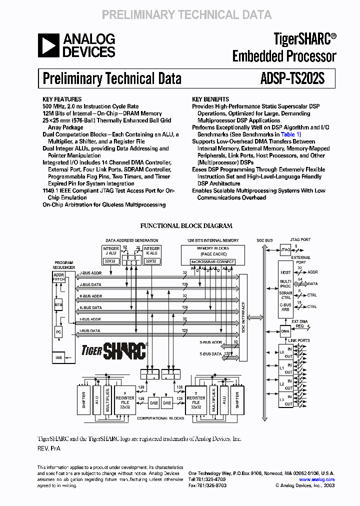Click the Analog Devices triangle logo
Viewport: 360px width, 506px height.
tap(48, 45)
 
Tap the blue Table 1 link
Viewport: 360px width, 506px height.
tap(290, 134)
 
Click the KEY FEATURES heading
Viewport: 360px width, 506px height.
tap(62, 99)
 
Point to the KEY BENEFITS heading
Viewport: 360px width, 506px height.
tap(210, 99)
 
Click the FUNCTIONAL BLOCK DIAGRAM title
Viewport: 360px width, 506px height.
tap(186, 226)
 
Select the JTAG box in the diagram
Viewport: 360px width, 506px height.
tap(285, 249)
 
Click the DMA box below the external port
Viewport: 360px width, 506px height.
tap(285, 330)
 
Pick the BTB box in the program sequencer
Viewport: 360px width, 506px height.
tap(58, 304)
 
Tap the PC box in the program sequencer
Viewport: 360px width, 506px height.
tap(58, 331)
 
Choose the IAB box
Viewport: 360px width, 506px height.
tap(58, 357)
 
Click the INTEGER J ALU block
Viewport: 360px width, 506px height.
tap(110, 254)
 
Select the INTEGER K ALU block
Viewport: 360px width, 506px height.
tap(151, 254)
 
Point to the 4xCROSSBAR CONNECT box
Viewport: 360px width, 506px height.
tap(212, 261)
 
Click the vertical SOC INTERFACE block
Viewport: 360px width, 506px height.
tap(243, 310)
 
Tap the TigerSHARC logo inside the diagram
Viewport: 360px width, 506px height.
tap(114, 350)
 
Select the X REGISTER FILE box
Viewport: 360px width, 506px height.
tap(125, 399)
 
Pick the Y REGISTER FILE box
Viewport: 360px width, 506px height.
tap(195, 399)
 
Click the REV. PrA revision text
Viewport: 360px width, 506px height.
tap(49, 448)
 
